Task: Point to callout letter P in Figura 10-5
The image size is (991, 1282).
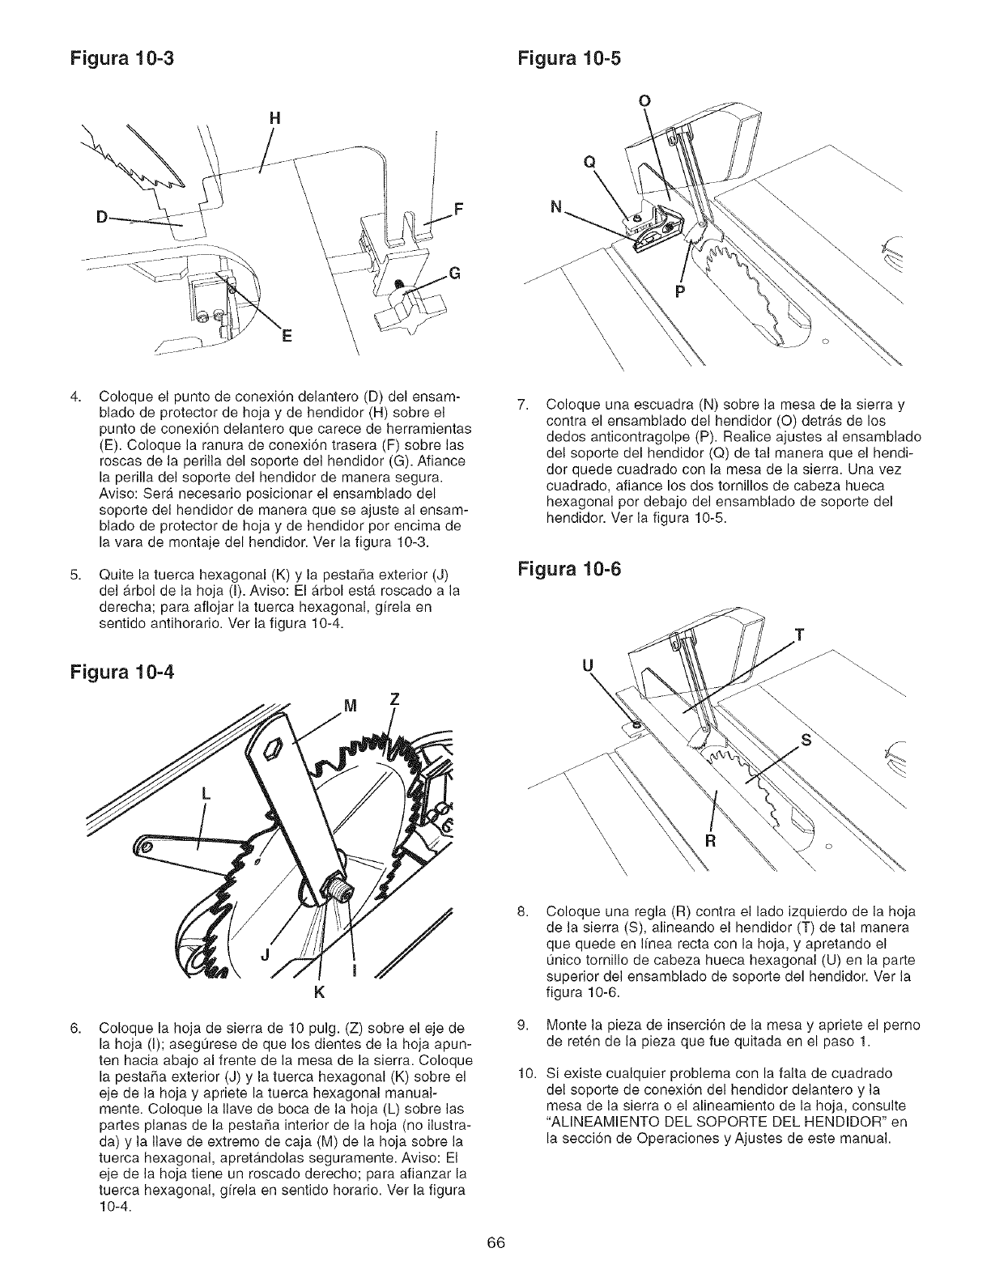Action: (x=679, y=291)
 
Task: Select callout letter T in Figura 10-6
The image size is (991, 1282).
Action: (x=801, y=634)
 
